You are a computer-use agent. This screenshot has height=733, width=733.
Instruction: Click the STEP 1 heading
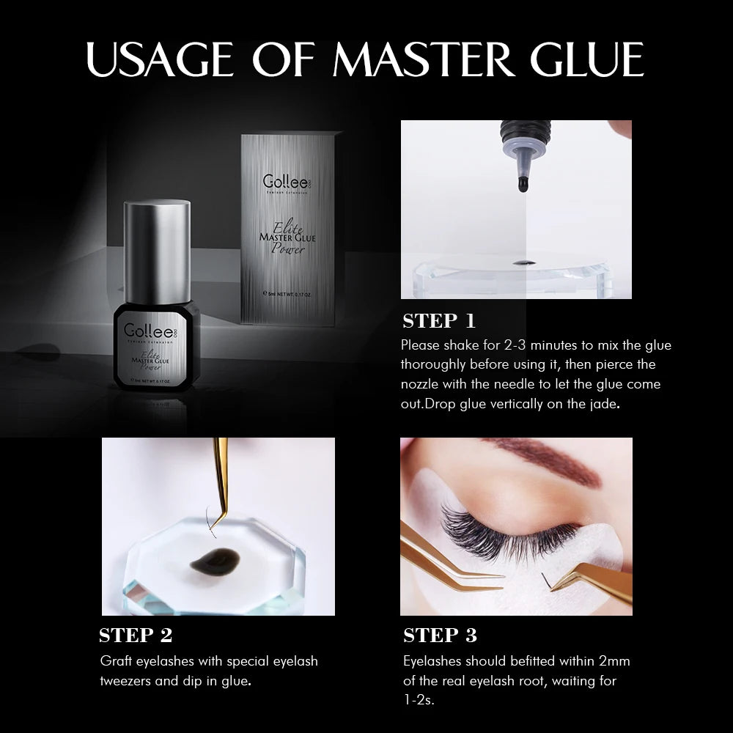pos(440,320)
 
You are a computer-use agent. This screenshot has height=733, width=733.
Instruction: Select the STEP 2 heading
pos(136,635)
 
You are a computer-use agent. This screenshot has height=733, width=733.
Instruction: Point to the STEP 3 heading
pos(441,635)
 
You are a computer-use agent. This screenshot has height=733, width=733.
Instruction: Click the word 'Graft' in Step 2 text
pos(115,661)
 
